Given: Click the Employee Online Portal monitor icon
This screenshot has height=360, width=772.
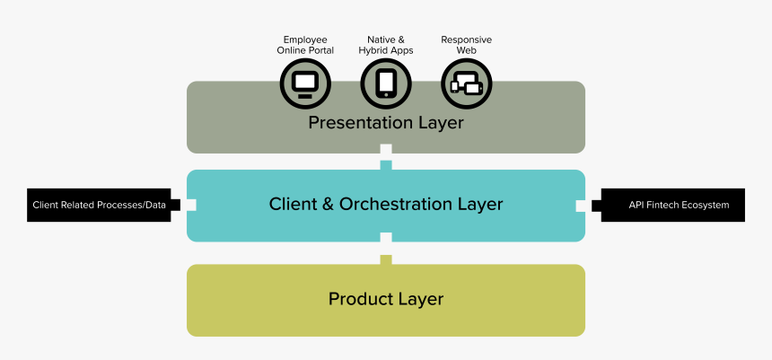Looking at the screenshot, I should tap(305, 84).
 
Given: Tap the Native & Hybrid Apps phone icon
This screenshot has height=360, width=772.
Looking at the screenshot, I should tap(386, 84).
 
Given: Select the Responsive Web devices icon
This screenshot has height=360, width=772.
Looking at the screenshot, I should tap(467, 84).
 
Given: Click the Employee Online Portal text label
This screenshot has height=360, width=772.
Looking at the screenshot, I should tap(305, 45).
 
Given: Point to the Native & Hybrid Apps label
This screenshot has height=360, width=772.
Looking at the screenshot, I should tap(386, 45).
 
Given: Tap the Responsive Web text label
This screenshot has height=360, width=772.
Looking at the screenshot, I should tap(467, 45).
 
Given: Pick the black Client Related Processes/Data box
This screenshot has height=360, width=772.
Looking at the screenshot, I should tap(99, 206).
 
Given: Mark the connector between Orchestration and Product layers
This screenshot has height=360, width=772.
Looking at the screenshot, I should tap(386, 252).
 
